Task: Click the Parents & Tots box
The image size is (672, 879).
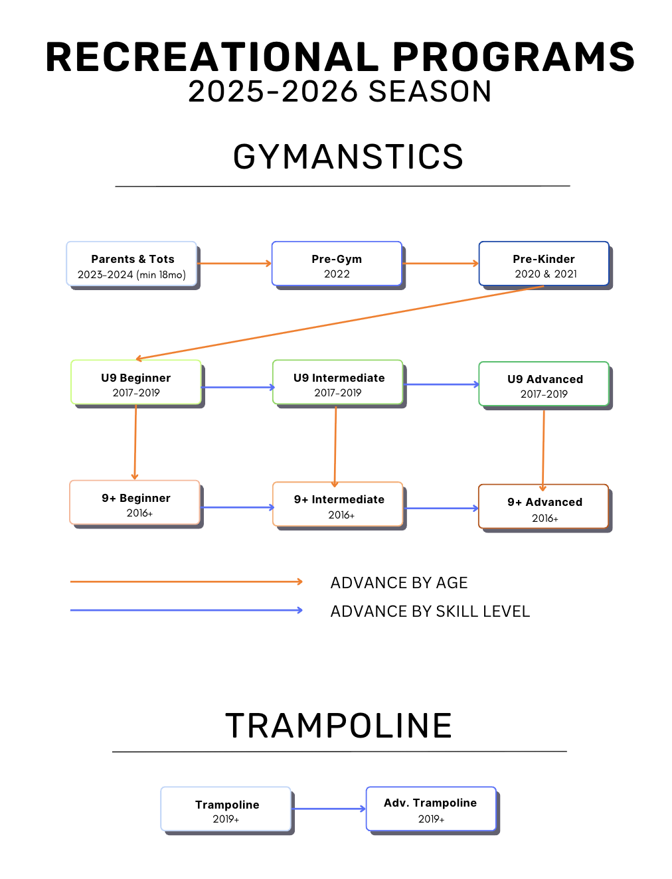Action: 131,264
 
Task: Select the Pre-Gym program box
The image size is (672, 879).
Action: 337,264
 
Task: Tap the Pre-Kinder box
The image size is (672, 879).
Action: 544,264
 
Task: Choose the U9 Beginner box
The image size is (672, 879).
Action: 136,383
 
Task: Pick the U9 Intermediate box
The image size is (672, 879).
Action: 338,383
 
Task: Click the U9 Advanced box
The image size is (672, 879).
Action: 544,384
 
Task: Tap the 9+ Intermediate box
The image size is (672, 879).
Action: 338,505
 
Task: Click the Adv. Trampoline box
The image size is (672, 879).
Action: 431,809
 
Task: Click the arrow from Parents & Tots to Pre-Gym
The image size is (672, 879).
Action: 234,264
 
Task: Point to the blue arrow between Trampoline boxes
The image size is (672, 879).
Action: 329,809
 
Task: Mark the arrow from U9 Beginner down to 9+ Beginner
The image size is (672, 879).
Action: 135,441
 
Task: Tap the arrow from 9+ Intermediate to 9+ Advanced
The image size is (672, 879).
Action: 441,509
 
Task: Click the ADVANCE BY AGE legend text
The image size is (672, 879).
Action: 399,583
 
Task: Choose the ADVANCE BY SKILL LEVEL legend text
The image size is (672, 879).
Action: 430,611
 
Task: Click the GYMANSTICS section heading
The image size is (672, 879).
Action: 348,157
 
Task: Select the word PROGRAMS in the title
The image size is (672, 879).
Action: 513,58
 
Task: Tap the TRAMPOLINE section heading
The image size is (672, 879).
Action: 339,726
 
